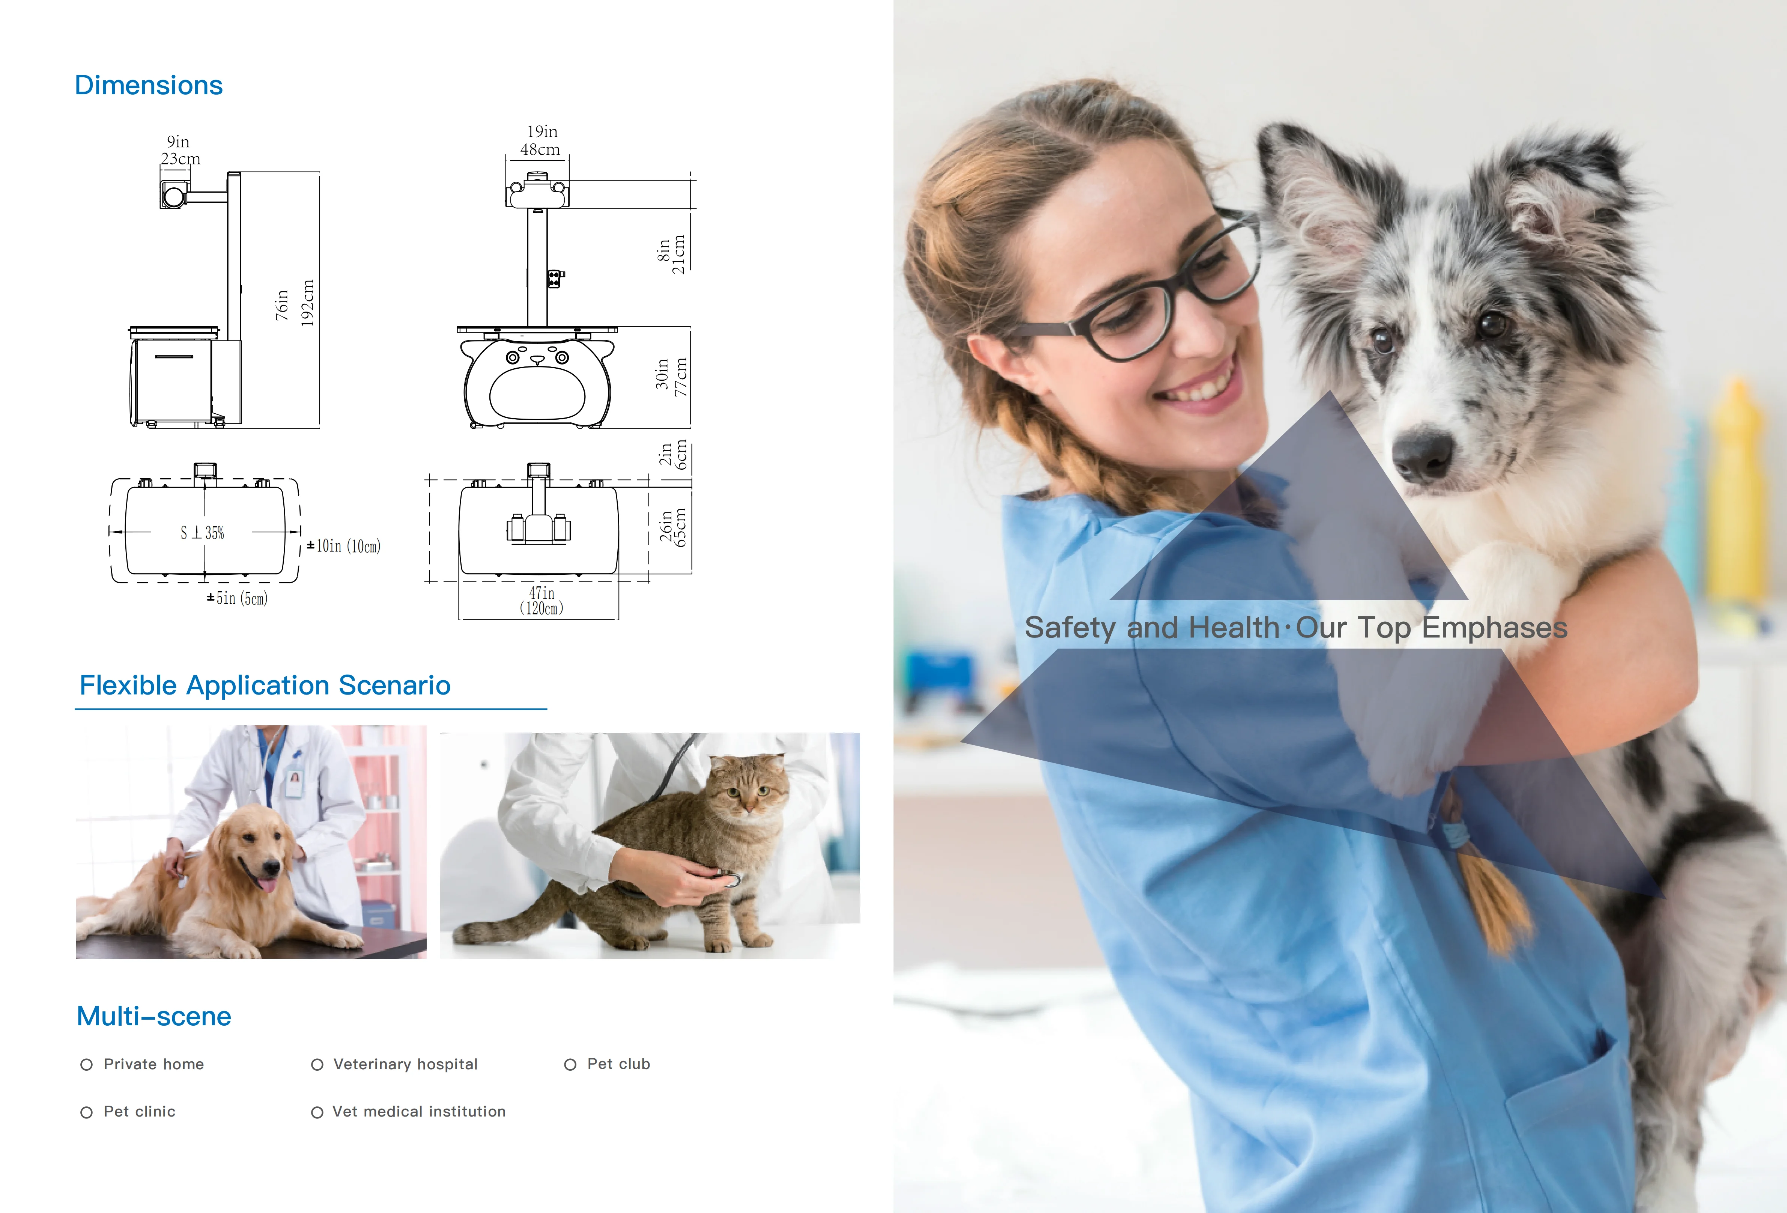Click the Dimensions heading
point(148,85)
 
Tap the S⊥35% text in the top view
point(202,532)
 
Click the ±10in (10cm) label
point(344,546)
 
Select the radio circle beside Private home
point(87,1065)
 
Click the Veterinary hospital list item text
point(405,1065)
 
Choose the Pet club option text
point(618,1064)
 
